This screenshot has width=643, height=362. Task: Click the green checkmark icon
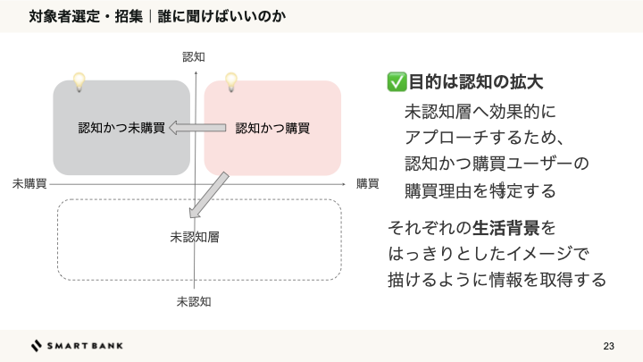click(397, 82)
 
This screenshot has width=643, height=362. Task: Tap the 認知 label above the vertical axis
click(194, 57)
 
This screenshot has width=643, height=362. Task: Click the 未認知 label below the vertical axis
click(194, 301)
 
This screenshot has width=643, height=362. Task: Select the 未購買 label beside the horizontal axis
click(29, 183)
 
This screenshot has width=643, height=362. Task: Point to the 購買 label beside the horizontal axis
click(367, 183)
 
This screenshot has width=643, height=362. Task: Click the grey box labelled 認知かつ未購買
click(121, 128)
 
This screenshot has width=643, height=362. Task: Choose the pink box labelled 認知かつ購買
click(272, 128)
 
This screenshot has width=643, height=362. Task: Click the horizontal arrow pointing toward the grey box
click(198, 128)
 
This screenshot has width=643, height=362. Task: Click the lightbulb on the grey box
click(79, 81)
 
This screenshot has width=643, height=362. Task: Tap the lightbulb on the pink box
click(231, 82)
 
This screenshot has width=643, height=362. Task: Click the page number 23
click(609, 346)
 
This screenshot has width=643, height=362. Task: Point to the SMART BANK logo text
click(85, 346)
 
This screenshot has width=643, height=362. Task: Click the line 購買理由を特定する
click(480, 190)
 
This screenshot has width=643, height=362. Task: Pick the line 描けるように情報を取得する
click(497, 279)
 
